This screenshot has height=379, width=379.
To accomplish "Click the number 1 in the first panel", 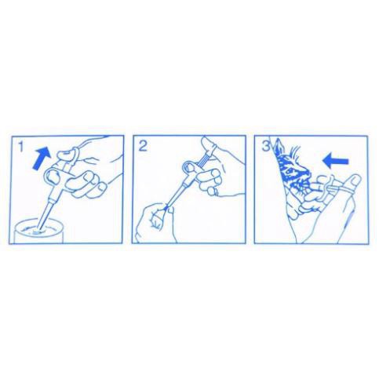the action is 20,147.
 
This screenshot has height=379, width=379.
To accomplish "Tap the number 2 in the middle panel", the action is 143,147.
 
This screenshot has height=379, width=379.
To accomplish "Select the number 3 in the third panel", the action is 265,147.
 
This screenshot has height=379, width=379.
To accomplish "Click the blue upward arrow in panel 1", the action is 41,158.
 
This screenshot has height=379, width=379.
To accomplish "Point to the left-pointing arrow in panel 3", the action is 336,161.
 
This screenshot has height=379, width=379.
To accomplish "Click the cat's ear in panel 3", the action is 279,147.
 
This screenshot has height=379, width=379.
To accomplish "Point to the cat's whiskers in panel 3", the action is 295,152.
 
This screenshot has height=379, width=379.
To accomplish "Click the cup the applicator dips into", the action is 38,231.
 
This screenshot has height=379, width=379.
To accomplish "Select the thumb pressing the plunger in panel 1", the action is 67,155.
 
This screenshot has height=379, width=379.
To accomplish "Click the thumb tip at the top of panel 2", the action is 208,146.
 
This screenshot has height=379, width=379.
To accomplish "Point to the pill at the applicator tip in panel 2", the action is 166,208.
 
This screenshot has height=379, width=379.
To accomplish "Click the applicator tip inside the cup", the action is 38,229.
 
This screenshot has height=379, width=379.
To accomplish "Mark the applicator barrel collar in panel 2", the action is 184,184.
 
